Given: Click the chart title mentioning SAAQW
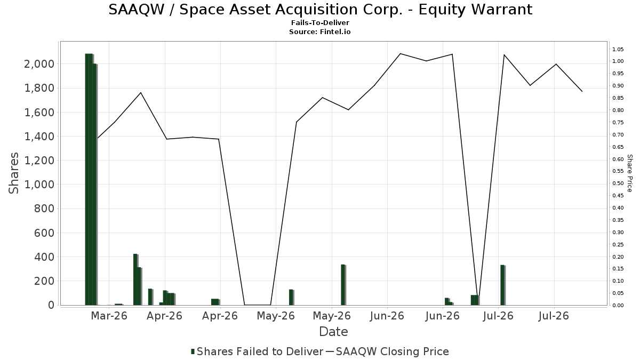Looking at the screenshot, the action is tap(321, 10).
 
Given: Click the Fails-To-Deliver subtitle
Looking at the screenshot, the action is tap(321, 22).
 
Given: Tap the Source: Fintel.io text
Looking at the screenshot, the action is tap(319, 31).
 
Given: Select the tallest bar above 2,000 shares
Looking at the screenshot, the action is tap(89, 179).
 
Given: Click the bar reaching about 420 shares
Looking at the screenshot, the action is tap(135, 279).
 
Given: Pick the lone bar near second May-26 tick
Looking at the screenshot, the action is tap(343, 285).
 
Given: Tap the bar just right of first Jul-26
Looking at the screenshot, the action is tap(502, 285).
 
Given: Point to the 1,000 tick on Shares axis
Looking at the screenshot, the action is tap(39, 185).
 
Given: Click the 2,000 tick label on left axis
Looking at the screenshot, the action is tap(39, 64).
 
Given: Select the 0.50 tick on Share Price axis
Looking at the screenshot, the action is tap(618, 183).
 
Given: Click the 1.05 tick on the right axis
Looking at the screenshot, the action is tap(618, 50).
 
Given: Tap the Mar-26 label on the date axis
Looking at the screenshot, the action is tap(109, 316).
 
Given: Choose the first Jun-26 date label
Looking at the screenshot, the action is tap(387, 316).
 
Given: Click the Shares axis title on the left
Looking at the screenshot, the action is tap(14, 173).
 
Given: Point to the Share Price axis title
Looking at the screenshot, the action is tap(629, 173).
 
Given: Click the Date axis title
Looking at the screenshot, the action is tap(333, 332).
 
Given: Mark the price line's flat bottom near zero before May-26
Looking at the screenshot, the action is tap(258, 305).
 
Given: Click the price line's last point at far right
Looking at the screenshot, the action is tap(582, 91).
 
